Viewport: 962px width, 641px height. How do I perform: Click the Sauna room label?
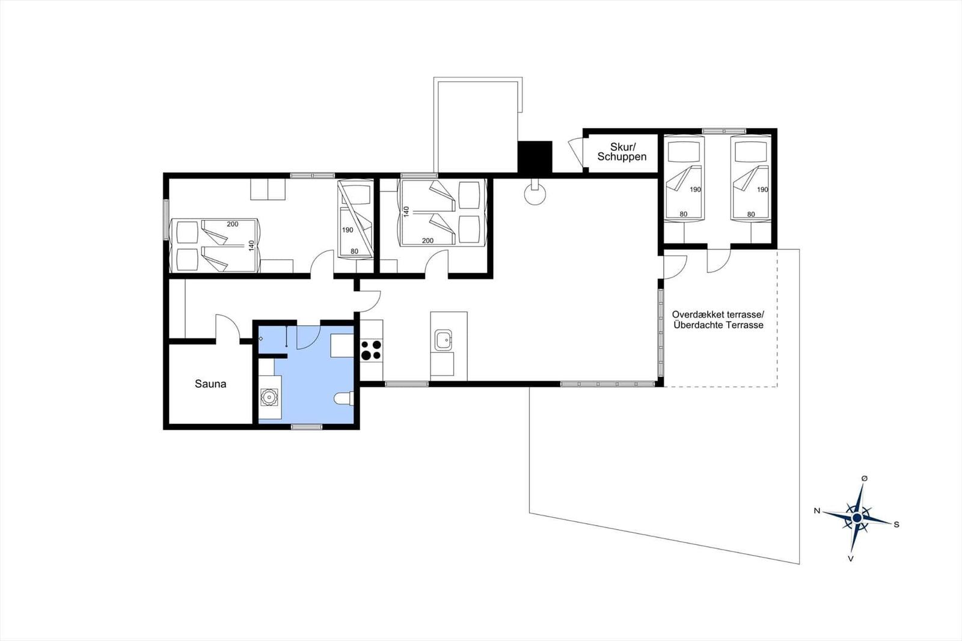pos(210,384)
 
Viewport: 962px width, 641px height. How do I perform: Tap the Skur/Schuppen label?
pos(622,152)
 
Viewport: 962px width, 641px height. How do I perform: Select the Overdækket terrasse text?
pos(718,314)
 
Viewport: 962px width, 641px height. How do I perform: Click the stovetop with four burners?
pos(372,350)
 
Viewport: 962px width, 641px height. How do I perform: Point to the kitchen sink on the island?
pos(443,340)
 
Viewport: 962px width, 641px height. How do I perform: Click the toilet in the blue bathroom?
pos(343,399)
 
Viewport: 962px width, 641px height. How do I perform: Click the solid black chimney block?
pos(535,157)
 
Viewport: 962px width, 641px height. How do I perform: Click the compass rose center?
pos(857,518)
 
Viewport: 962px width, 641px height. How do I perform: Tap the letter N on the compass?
pos(817,511)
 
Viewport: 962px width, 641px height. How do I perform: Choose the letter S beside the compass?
pos(896,524)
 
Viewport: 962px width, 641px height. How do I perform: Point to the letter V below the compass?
pos(850,559)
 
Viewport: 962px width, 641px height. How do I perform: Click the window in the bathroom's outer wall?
pos(307,426)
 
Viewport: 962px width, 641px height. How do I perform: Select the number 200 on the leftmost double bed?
pos(232,224)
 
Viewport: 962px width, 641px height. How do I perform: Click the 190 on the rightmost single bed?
pos(762,189)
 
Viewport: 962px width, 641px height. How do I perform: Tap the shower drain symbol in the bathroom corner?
pos(261,339)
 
